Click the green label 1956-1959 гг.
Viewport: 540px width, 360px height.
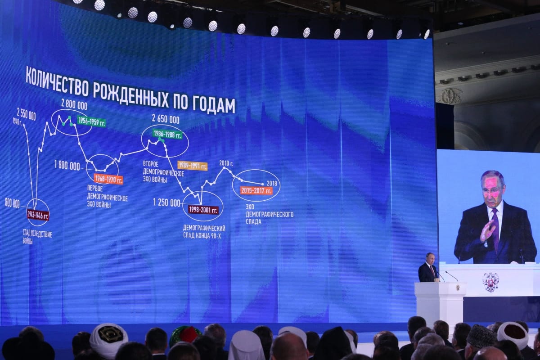[x=91, y=121]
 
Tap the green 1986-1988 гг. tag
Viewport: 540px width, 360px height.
[x=167, y=134]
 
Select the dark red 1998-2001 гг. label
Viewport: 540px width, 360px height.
[x=203, y=210]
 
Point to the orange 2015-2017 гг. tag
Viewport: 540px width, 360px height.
[x=256, y=190]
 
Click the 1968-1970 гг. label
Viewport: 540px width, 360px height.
[x=108, y=179]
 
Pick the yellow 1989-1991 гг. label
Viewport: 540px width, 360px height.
[x=193, y=166]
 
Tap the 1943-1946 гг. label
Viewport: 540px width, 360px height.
[x=38, y=215]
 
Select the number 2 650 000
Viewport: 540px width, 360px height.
[x=166, y=119]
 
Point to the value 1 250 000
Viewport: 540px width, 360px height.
[x=166, y=203]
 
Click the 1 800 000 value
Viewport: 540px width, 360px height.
[x=67, y=166]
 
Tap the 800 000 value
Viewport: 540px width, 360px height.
[x=12, y=204]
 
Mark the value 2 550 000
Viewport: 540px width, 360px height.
[x=26, y=114]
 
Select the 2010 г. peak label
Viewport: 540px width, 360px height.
[x=226, y=163]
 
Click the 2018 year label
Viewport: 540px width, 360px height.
[x=272, y=184]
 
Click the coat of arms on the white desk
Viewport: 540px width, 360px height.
[x=490, y=282]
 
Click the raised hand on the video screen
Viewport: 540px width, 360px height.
[x=487, y=230]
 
